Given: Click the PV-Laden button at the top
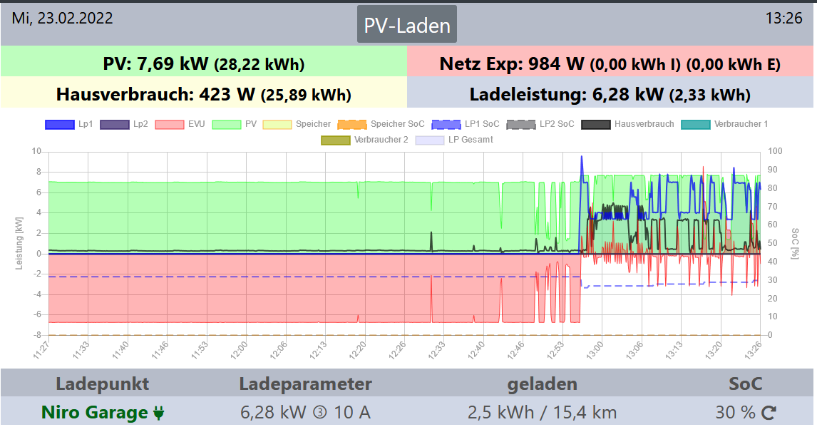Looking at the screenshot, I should click(407, 25).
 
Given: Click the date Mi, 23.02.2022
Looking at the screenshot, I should click(62, 19).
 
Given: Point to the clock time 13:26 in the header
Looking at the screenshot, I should click(783, 19).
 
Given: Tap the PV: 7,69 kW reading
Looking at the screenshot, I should click(204, 64).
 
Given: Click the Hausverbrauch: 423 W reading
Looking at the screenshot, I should click(204, 94).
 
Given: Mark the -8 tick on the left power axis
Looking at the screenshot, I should click(36, 335).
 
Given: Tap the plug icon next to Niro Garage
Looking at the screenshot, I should click(159, 413).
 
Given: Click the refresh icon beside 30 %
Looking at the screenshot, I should click(769, 413).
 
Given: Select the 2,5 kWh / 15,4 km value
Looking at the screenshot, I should click(542, 413).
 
